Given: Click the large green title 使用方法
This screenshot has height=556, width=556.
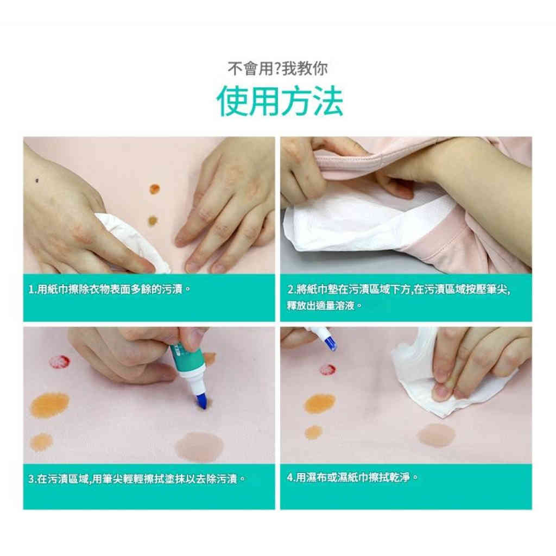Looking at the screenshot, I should (x=280, y=101).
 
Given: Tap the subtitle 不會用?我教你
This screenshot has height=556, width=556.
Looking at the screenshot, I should (x=277, y=69).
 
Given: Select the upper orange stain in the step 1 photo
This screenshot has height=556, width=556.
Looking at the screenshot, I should (x=154, y=189).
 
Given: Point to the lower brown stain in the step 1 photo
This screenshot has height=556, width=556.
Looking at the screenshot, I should (x=153, y=220).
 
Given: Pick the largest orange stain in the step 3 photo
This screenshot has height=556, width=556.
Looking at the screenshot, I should (x=49, y=405).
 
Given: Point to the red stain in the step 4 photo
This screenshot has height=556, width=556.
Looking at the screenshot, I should (x=327, y=369).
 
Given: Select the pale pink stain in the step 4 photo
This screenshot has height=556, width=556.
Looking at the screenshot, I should (x=436, y=435).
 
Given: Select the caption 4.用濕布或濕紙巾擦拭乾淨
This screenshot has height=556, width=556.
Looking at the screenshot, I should (x=352, y=478).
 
